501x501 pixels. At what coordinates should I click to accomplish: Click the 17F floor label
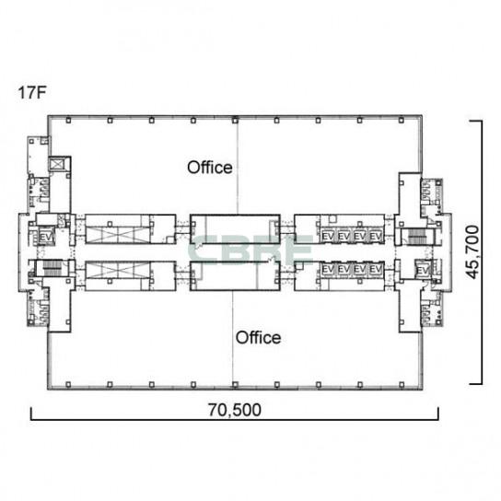(x=32, y=93)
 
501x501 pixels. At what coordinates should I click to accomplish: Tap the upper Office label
(x=210, y=168)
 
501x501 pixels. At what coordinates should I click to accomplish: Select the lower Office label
(x=258, y=338)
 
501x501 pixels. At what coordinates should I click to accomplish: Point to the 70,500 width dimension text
(x=235, y=410)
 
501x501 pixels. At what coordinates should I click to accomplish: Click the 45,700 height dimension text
(x=472, y=252)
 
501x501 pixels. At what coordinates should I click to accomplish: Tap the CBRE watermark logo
(x=250, y=250)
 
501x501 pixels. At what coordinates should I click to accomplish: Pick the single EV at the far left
(x=45, y=238)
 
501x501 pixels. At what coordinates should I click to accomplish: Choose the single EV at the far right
(x=424, y=271)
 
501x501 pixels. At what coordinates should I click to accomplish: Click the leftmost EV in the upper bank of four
(x=328, y=237)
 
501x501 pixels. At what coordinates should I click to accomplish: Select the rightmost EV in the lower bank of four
(x=376, y=269)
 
